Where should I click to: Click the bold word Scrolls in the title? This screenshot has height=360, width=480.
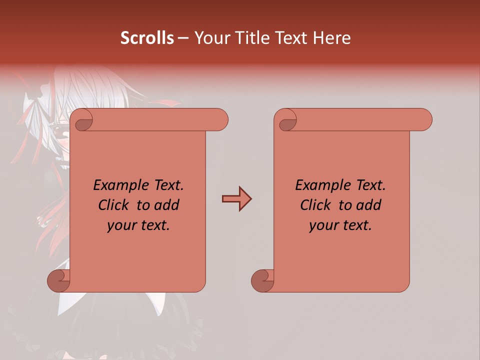click(147, 38)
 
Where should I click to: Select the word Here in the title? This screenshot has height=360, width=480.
click(331, 38)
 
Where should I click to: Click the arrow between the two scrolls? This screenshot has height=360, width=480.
click(236, 199)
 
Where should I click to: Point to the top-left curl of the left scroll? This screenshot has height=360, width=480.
click(83, 120)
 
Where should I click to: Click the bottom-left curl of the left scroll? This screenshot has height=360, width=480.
click(59, 280)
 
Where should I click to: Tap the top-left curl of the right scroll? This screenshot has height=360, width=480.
click(287, 120)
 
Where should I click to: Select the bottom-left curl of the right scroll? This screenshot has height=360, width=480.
click(263, 280)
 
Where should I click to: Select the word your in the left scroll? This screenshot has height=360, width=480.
click(121, 225)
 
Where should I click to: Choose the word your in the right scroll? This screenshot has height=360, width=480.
click(323, 225)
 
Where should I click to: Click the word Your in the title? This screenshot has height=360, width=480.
click(210, 38)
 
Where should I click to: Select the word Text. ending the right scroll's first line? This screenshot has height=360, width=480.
click(370, 185)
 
